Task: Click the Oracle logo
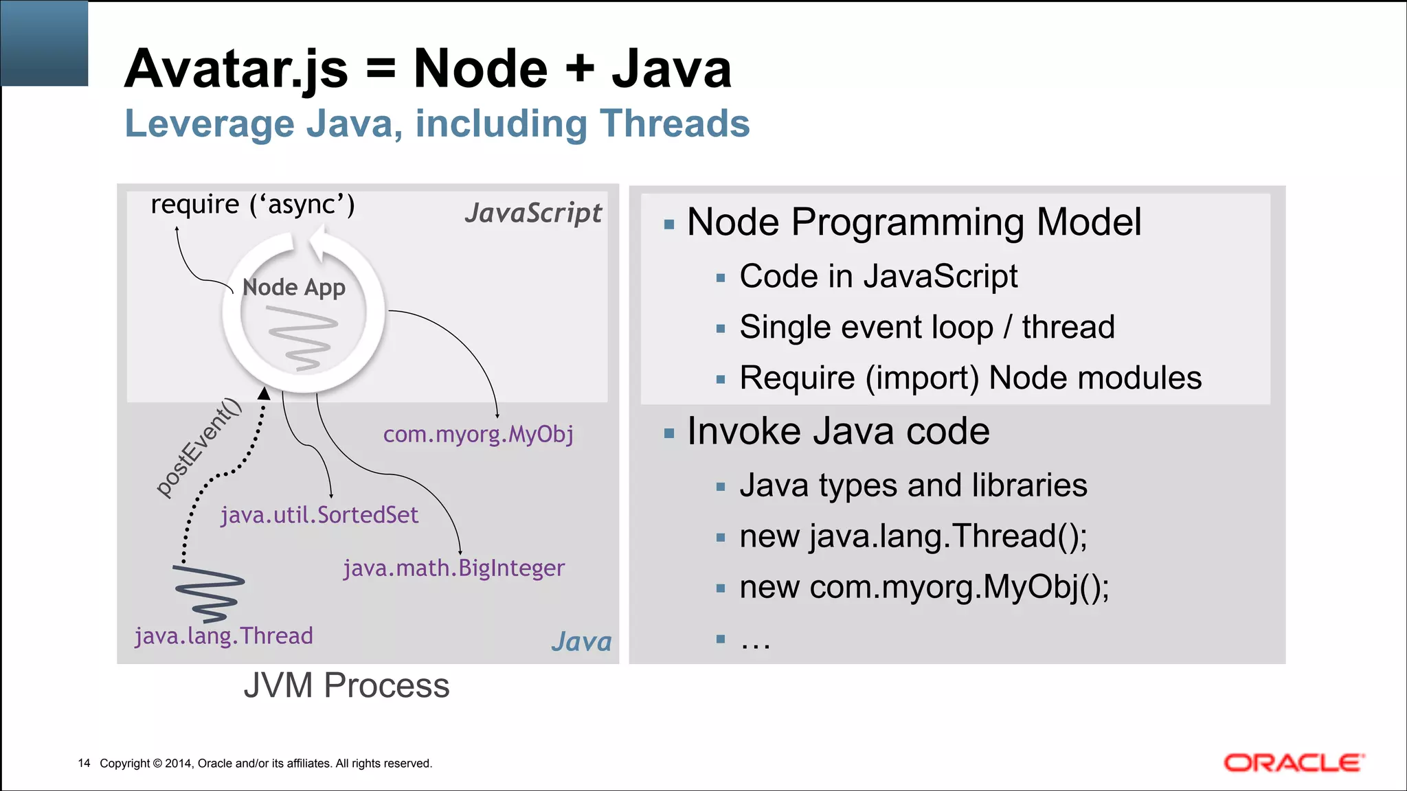click(x=1294, y=763)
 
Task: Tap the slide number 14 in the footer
click(x=84, y=763)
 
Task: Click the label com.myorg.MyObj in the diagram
click(x=478, y=434)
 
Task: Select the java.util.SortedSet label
click(x=319, y=515)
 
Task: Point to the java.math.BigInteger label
click(x=453, y=568)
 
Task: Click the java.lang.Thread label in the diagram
click(x=224, y=636)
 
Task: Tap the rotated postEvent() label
click(x=199, y=447)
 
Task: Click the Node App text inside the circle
click(x=294, y=287)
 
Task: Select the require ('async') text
click(x=253, y=205)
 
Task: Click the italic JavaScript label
click(x=533, y=213)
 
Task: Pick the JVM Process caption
click(x=346, y=685)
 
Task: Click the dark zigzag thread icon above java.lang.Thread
click(x=210, y=592)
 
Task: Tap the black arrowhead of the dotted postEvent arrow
click(x=264, y=393)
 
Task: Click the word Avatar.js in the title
click(x=236, y=69)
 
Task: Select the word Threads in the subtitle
click(x=674, y=124)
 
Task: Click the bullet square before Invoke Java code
click(x=669, y=433)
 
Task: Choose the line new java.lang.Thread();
click(x=913, y=536)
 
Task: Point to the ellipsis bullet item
click(x=755, y=639)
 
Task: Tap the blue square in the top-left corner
click(x=44, y=43)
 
